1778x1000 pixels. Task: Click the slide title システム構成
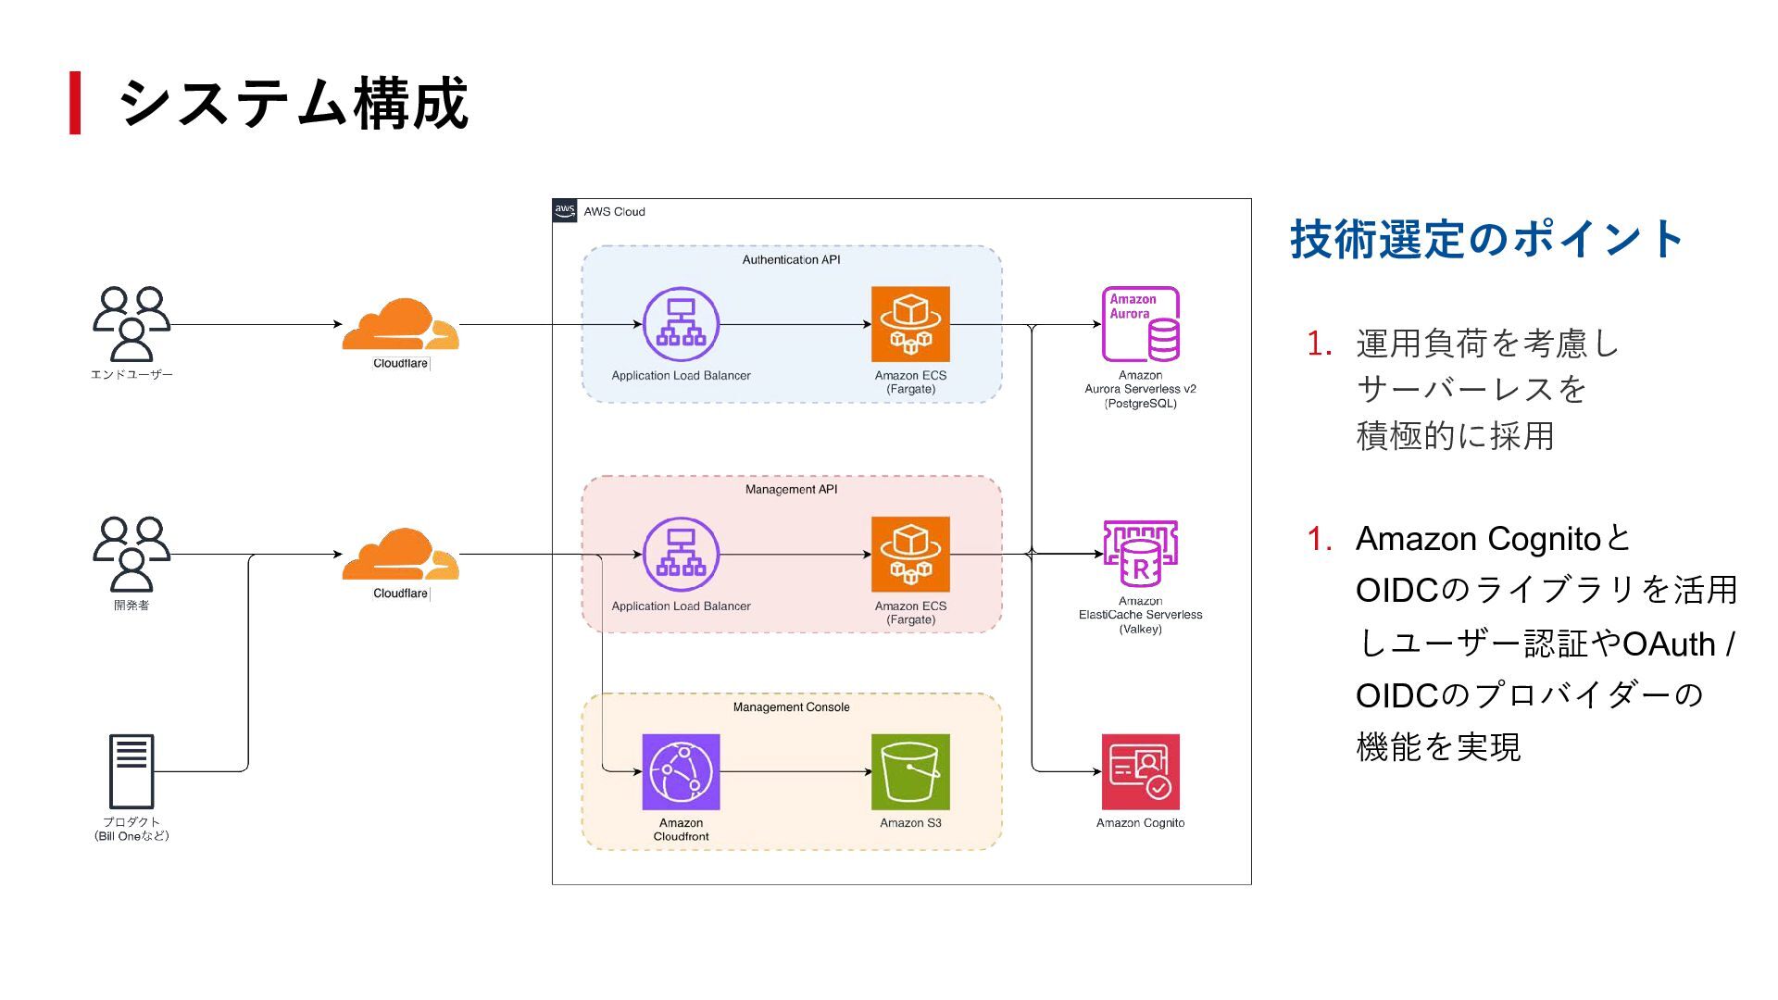[x=293, y=103]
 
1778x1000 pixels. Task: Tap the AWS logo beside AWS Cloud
[x=565, y=210]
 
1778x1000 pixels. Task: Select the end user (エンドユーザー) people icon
[x=131, y=324]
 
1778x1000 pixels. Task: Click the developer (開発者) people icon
[x=131, y=554]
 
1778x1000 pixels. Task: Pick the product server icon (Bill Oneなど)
[x=131, y=771]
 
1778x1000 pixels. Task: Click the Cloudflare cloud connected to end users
[x=400, y=325]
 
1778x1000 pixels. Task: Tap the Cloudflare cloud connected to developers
[x=400, y=555]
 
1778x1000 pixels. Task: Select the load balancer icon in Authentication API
[x=681, y=325]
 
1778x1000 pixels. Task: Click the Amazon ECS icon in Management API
[x=910, y=554]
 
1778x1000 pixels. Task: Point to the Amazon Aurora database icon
[x=1140, y=324]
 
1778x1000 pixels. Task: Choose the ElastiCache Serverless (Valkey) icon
[x=1140, y=554]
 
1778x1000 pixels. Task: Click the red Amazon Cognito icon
[x=1140, y=771]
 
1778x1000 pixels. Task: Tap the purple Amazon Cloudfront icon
[x=681, y=771]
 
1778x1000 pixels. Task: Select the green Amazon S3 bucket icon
[x=910, y=771]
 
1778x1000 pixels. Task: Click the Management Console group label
[x=791, y=707]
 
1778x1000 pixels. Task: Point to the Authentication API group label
[x=791, y=260]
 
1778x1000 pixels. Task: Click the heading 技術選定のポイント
[x=1486, y=239]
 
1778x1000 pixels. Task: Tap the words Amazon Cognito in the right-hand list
[x=1478, y=539]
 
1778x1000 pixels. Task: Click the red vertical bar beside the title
[x=75, y=103]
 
